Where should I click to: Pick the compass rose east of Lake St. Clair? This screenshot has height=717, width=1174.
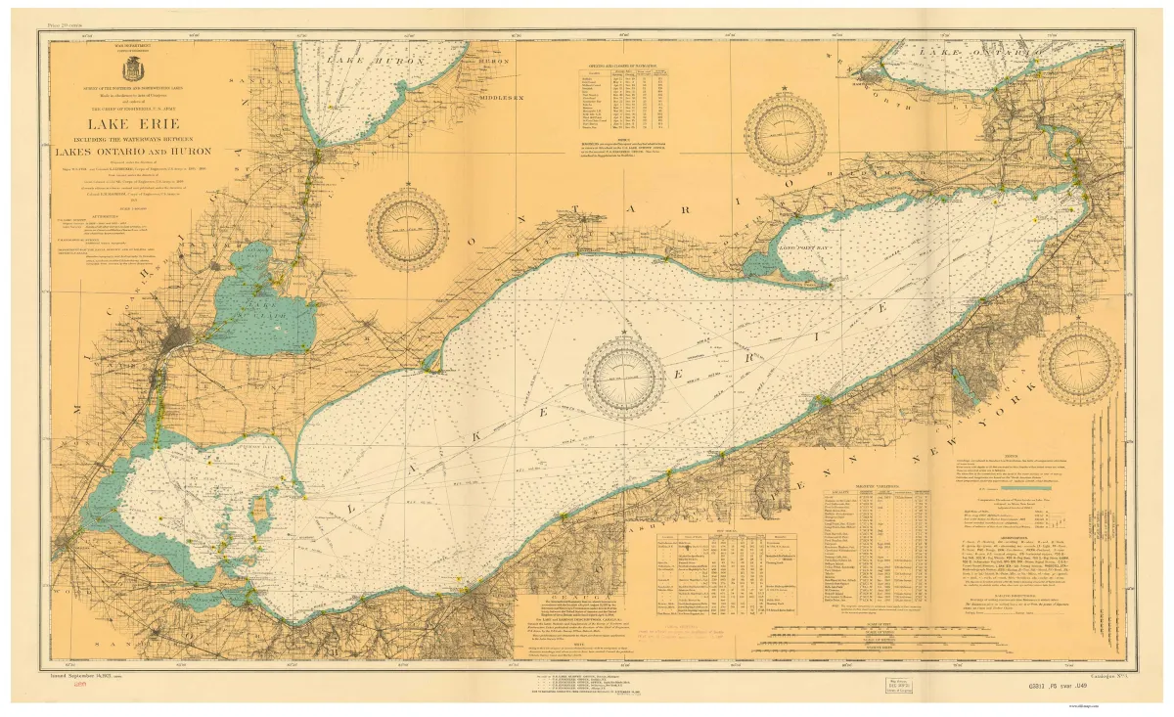(x=407, y=231)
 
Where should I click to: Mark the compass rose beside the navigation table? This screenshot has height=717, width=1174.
(x=785, y=134)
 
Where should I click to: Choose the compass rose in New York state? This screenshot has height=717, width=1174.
(x=1079, y=363)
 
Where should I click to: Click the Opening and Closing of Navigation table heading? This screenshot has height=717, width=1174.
(x=625, y=62)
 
